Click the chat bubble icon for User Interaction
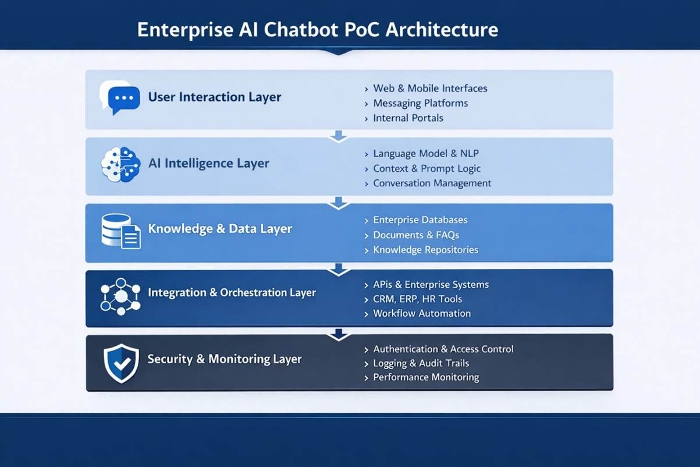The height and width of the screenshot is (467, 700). (x=120, y=97)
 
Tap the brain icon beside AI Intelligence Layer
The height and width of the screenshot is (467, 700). (x=120, y=164)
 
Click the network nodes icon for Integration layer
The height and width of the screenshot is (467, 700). (x=120, y=296)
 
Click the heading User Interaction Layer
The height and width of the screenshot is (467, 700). (x=214, y=97)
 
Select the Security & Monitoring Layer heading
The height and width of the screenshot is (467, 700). (x=224, y=359)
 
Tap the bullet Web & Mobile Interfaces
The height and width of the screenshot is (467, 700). (x=429, y=89)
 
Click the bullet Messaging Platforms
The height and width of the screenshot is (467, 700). (x=420, y=103)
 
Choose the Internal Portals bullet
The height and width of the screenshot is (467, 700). (x=408, y=118)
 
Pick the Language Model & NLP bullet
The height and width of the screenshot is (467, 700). (x=425, y=154)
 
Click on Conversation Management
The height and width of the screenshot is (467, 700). (x=432, y=183)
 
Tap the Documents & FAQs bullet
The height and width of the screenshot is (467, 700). (x=415, y=235)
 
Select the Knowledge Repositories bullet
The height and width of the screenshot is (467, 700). (x=425, y=250)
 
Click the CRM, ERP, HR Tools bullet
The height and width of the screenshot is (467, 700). (x=417, y=299)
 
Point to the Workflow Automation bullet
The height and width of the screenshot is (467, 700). (x=421, y=313)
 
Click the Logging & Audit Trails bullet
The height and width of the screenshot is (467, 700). (x=421, y=363)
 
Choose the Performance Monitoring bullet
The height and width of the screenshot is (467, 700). (x=425, y=377)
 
